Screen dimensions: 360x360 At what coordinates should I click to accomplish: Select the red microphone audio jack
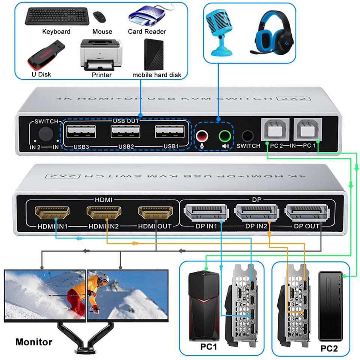202,135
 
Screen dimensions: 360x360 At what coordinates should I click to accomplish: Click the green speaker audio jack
225,135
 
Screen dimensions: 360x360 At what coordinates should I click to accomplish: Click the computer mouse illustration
99,16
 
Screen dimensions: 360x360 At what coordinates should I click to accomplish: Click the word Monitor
34,342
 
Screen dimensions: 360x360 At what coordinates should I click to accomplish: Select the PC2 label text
329,348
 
